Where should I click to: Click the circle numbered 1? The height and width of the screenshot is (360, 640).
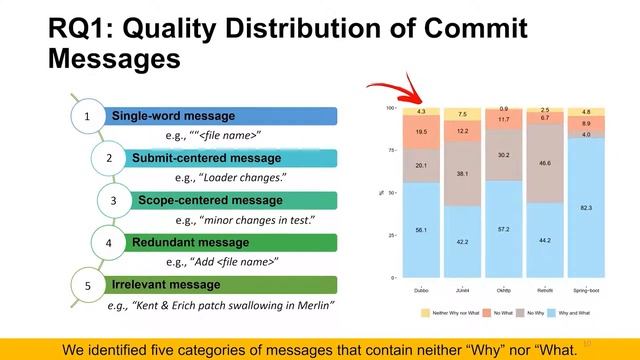click(87, 117)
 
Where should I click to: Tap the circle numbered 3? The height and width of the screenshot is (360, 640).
click(114, 201)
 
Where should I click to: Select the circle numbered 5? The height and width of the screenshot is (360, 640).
click(87, 286)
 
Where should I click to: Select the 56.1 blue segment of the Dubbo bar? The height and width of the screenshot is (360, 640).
click(421, 230)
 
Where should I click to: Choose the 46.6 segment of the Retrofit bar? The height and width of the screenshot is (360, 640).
click(545, 162)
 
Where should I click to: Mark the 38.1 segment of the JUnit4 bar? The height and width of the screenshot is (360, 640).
click(462, 173)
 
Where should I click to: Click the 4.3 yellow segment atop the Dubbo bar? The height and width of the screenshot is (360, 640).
click(421, 111)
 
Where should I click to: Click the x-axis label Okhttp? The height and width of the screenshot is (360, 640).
click(503, 290)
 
